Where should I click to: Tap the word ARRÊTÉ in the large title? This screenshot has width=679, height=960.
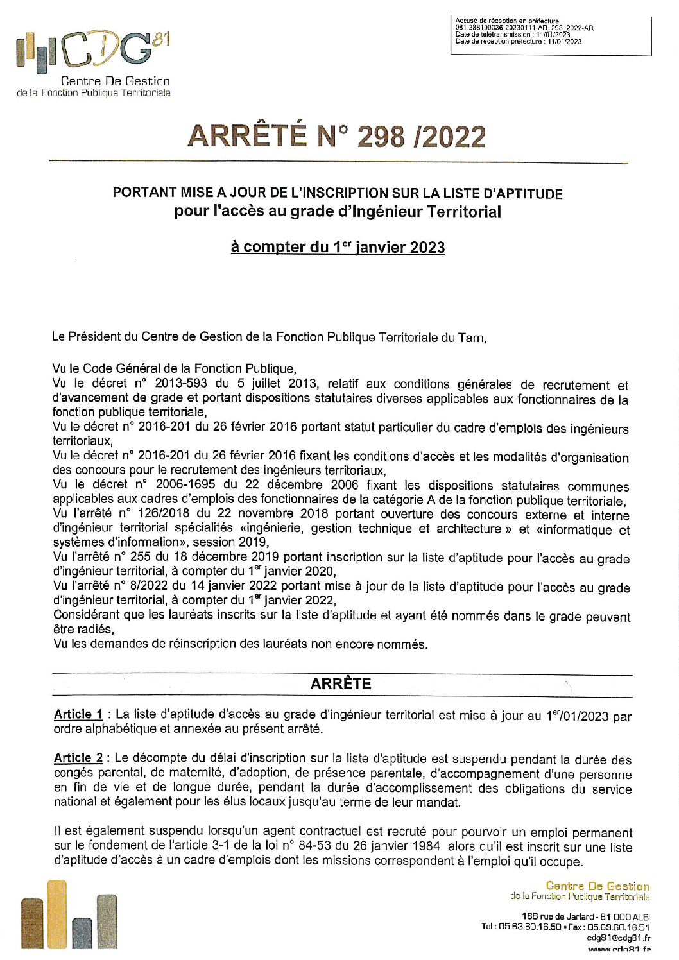click(x=246, y=136)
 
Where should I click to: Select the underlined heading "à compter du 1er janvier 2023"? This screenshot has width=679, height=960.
click(x=338, y=248)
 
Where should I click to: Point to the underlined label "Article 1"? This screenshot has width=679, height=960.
click(x=78, y=714)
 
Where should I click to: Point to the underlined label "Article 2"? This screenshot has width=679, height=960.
click(x=78, y=758)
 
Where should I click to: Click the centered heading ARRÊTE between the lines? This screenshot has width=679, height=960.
click(x=340, y=684)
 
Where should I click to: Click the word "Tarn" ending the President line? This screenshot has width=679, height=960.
click(x=472, y=338)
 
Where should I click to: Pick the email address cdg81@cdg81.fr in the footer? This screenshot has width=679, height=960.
click(x=618, y=938)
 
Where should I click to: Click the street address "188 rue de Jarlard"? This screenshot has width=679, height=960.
click(x=558, y=916)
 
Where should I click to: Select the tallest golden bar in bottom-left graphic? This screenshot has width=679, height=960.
click(x=57, y=914)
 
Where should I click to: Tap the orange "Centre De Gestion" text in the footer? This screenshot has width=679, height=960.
click(x=597, y=886)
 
